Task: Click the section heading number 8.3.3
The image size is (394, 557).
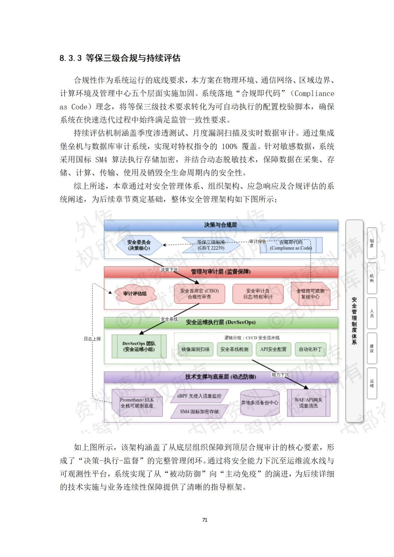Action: [70, 58]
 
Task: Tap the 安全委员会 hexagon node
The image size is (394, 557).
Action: [139, 245]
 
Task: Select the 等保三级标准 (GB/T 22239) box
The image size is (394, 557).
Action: [211, 245]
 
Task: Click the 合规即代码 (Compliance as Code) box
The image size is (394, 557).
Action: [291, 245]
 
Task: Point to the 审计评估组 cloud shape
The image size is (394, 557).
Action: [135, 294]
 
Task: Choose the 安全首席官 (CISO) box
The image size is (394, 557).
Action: [199, 294]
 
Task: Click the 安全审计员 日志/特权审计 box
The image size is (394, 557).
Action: [258, 294]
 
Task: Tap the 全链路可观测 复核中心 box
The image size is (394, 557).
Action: [310, 294]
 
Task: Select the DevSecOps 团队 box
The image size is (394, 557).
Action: [139, 346]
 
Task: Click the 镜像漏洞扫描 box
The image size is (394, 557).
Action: [196, 349]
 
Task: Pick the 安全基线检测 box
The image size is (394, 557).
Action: [234, 349]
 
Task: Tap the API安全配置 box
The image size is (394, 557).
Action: [273, 349]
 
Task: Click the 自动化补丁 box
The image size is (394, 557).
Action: [310, 349]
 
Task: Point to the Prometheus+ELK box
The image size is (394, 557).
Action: [137, 403]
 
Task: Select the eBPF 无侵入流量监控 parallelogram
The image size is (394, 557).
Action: [199, 396]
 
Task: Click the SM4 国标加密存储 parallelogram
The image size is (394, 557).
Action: [199, 412]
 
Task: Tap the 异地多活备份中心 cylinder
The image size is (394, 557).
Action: [260, 403]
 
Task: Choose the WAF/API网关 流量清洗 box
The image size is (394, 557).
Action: [308, 403]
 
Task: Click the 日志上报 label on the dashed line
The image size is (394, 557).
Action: [92, 339]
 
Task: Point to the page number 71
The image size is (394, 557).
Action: [205, 520]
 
